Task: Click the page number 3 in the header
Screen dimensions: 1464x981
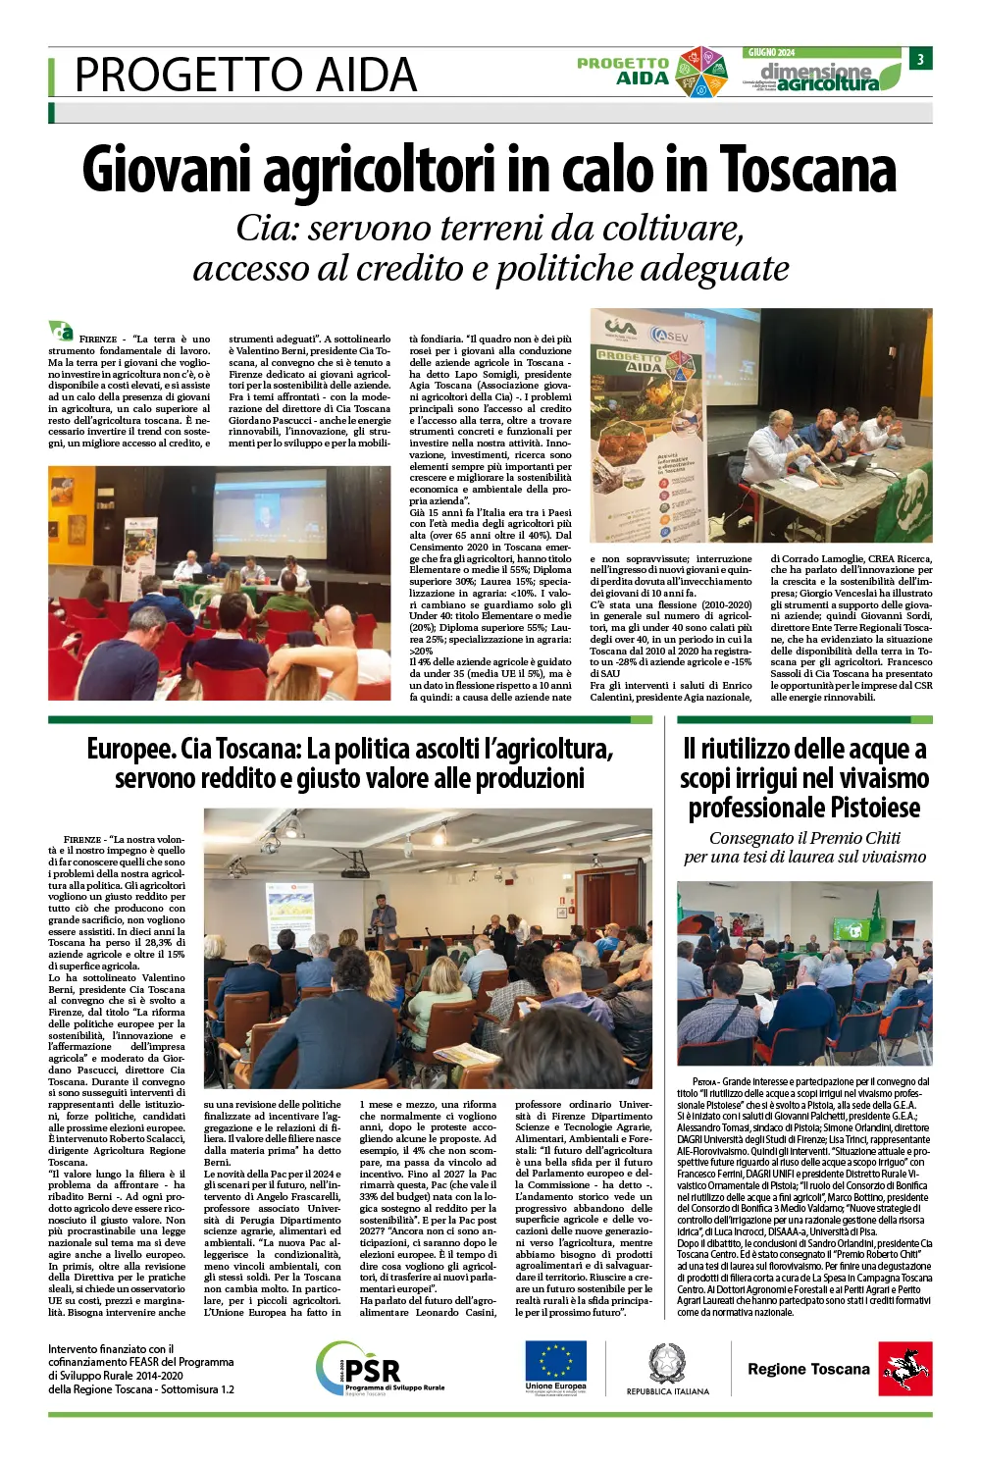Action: point(920,60)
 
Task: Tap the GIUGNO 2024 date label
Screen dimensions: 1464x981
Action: point(772,53)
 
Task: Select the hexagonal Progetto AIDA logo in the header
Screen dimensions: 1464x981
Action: point(702,73)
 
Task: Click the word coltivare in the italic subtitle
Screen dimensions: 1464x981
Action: point(672,228)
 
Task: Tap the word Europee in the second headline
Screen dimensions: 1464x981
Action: point(129,750)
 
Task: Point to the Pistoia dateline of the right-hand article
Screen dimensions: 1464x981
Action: point(705,1081)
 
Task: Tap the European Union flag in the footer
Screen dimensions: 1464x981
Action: point(555,1362)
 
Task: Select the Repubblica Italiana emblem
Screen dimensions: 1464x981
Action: point(667,1364)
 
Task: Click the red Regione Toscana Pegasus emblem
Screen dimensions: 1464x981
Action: point(905,1369)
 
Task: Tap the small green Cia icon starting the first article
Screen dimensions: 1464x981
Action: point(61,331)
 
